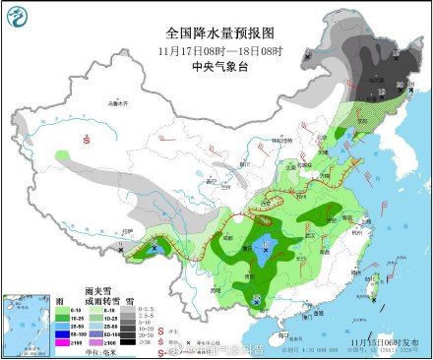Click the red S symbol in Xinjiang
87,140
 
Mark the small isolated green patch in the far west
63,155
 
